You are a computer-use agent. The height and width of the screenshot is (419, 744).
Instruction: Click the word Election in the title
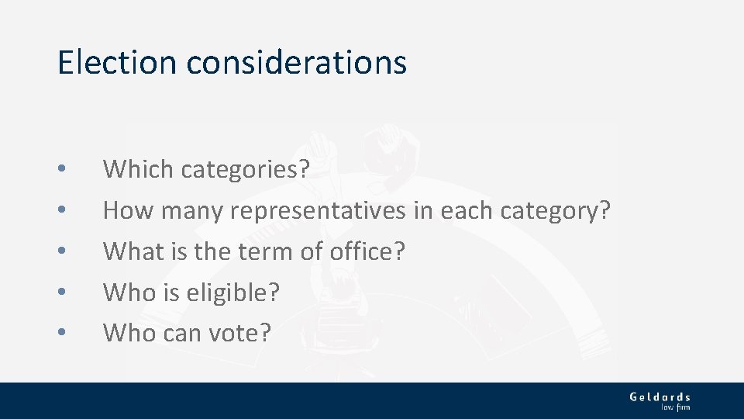click(x=117, y=62)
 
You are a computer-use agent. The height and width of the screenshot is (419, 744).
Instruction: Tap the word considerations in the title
click(x=296, y=62)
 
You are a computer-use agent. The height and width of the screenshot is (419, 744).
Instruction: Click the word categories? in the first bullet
click(x=245, y=169)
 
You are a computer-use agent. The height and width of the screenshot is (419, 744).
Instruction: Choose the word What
click(x=134, y=251)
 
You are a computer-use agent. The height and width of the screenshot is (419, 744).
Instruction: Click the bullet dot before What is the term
click(x=62, y=251)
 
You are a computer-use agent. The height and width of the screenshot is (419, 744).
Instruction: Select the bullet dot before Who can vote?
click(x=62, y=334)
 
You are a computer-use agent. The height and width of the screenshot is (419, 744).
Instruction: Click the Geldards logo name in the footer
click(x=660, y=397)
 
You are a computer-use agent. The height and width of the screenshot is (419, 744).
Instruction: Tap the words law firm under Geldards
click(x=674, y=407)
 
